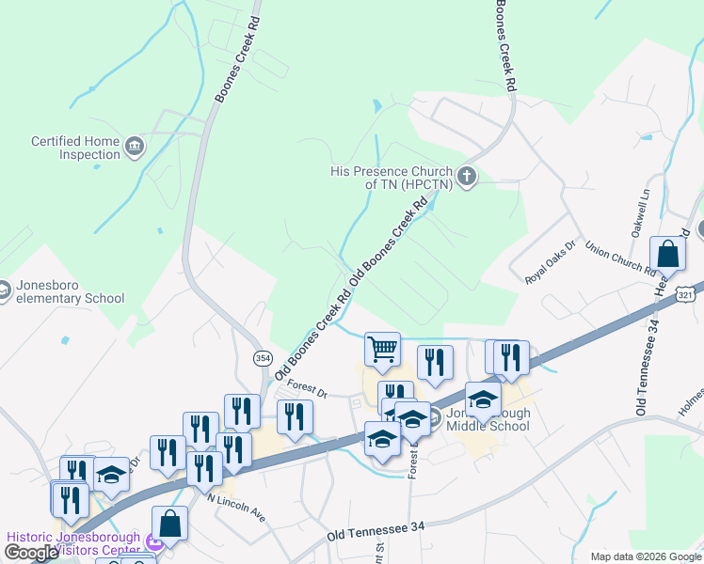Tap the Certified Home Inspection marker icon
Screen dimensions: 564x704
[135, 147]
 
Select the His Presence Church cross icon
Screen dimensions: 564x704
[466, 176]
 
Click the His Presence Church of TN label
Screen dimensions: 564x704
[391, 179]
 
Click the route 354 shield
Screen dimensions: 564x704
[263, 357]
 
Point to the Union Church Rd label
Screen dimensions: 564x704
[619, 258]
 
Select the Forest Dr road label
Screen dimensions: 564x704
[306, 386]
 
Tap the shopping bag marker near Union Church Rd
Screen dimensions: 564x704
[667, 254]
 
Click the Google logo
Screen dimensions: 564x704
[31, 554]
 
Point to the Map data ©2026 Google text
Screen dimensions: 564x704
[645, 556]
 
